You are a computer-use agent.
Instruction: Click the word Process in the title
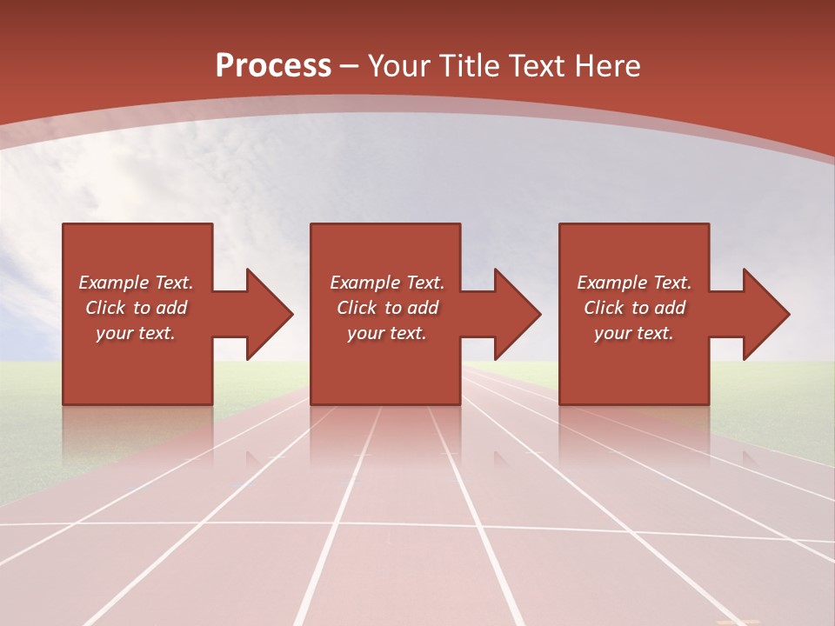pyautogui.click(x=273, y=66)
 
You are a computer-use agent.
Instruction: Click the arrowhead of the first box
pyautogui.click(x=269, y=314)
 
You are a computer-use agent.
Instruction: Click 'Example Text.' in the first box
pyautogui.click(x=136, y=283)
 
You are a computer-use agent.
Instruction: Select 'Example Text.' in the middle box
pyautogui.click(x=387, y=283)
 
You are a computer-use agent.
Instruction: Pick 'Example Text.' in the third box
pyautogui.click(x=634, y=283)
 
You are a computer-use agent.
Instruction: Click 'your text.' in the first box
pyautogui.click(x=136, y=333)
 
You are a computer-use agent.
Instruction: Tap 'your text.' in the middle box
pyautogui.click(x=387, y=333)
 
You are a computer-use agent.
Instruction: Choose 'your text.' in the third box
pyautogui.click(x=634, y=333)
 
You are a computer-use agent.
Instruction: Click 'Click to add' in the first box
pyautogui.click(x=136, y=308)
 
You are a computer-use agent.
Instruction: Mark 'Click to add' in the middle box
pyautogui.click(x=387, y=308)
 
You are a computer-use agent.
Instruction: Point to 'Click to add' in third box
pyautogui.click(x=634, y=308)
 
